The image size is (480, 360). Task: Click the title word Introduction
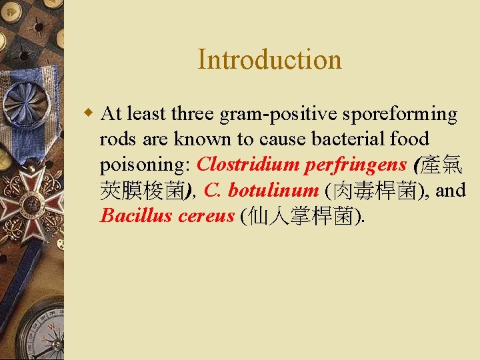(x=269, y=59)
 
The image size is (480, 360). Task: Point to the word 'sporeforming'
(x=400, y=114)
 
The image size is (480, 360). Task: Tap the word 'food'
(x=409, y=139)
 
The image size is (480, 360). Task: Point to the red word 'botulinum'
(x=273, y=191)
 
